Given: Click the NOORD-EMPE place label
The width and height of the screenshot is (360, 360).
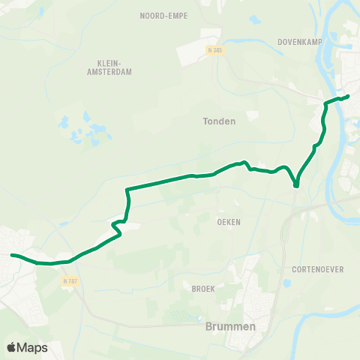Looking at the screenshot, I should (x=163, y=15).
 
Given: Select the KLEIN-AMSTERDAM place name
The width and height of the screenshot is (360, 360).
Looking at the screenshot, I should (x=115, y=67).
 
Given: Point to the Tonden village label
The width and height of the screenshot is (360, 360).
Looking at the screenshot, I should (x=219, y=121).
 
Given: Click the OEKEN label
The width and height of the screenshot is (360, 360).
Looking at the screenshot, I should (x=228, y=222).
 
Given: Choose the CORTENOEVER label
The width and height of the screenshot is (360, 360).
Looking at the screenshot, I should (x=313, y=268).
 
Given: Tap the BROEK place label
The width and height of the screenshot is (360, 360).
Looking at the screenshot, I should (x=203, y=287).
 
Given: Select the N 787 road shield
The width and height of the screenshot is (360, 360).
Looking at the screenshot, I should (x=70, y=280).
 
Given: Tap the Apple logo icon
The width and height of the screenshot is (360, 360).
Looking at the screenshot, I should (x=12, y=347).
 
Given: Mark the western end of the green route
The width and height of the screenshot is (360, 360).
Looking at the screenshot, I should (x=11, y=255).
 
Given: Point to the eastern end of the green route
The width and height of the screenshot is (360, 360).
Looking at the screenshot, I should (x=349, y=96).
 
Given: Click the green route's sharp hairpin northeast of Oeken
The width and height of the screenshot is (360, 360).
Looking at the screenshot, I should (x=296, y=184).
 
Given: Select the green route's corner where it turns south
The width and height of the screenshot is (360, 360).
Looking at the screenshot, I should (x=128, y=189).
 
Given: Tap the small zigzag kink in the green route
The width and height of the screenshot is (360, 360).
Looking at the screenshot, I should (x=115, y=225).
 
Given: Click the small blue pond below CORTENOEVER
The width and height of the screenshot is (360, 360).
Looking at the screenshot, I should (x=287, y=283).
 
